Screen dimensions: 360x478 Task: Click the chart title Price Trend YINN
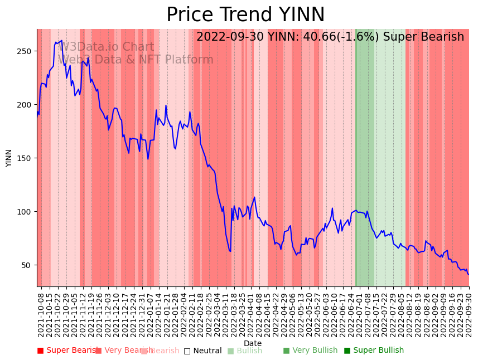tap(245, 15)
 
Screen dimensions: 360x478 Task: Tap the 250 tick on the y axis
tap(26, 51)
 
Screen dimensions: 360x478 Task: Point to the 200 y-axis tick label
tap(26, 105)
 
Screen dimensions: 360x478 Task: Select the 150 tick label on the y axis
tap(26, 158)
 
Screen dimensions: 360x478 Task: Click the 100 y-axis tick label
tap(26, 212)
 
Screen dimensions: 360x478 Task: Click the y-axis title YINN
tap(9, 158)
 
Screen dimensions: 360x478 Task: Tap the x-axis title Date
tap(253, 344)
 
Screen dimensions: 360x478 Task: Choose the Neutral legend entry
tap(203, 351)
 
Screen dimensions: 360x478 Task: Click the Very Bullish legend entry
tap(310, 351)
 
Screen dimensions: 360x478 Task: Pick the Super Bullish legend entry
tap(374, 351)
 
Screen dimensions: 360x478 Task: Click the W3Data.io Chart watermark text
tap(106, 47)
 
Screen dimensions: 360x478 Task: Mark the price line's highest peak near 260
tap(61, 40)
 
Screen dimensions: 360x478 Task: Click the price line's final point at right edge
tap(469, 274)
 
